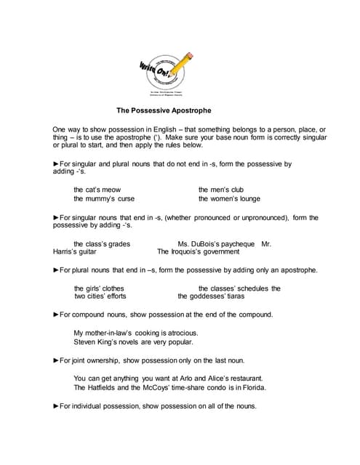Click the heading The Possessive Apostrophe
[164, 111]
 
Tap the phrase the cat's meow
[97, 189]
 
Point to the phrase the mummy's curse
[103, 198]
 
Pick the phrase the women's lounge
[229, 198]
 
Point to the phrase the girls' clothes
[99, 288]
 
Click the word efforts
[113, 296]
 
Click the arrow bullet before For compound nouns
[56, 315]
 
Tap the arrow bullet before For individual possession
[56, 405]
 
